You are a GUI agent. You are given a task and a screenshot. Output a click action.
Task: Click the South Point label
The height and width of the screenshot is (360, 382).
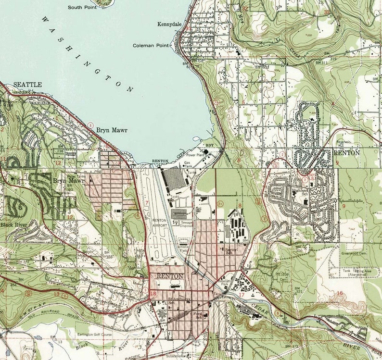(82, 7)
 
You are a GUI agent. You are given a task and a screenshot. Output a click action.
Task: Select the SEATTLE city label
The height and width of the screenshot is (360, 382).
(27, 85)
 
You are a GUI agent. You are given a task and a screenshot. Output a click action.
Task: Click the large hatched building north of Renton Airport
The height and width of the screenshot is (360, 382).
(173, 179)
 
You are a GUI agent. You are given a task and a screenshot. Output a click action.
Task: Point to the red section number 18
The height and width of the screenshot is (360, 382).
(153, 294)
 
